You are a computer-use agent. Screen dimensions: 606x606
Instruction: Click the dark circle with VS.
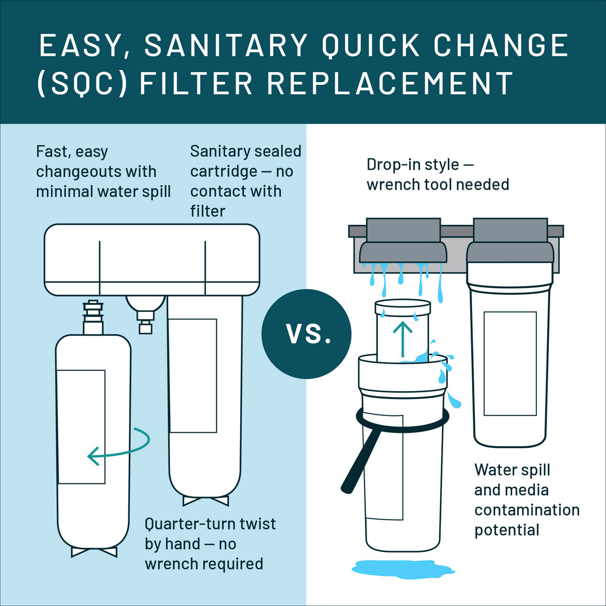coord(307,334)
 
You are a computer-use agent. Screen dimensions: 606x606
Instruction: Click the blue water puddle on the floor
coord(402,567)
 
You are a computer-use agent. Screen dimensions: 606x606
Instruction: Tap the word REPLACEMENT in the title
coord(390,83)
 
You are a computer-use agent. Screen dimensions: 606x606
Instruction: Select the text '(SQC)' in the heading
coord(82,83)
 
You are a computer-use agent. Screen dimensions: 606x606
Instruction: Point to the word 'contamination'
coord(527,510)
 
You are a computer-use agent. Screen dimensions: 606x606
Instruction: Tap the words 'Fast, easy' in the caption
coord(72,151)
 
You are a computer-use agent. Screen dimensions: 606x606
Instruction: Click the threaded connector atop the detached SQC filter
coord(93,315)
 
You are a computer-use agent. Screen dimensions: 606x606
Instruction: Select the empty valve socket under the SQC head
coord(145,312)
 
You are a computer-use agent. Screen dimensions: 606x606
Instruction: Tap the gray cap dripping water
coord(403,241)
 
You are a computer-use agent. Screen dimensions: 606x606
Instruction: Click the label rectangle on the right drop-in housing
coord(510,363)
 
